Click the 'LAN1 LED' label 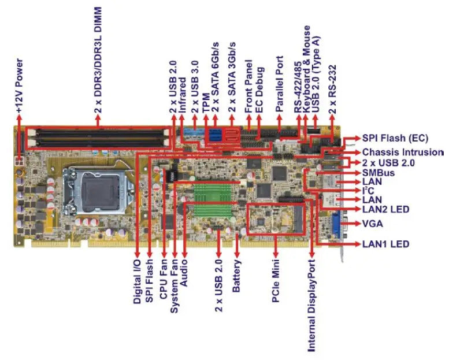385,244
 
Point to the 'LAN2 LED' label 386,209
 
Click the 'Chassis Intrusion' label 403,152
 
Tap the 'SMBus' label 378,172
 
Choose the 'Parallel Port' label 279,84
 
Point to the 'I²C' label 368,190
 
